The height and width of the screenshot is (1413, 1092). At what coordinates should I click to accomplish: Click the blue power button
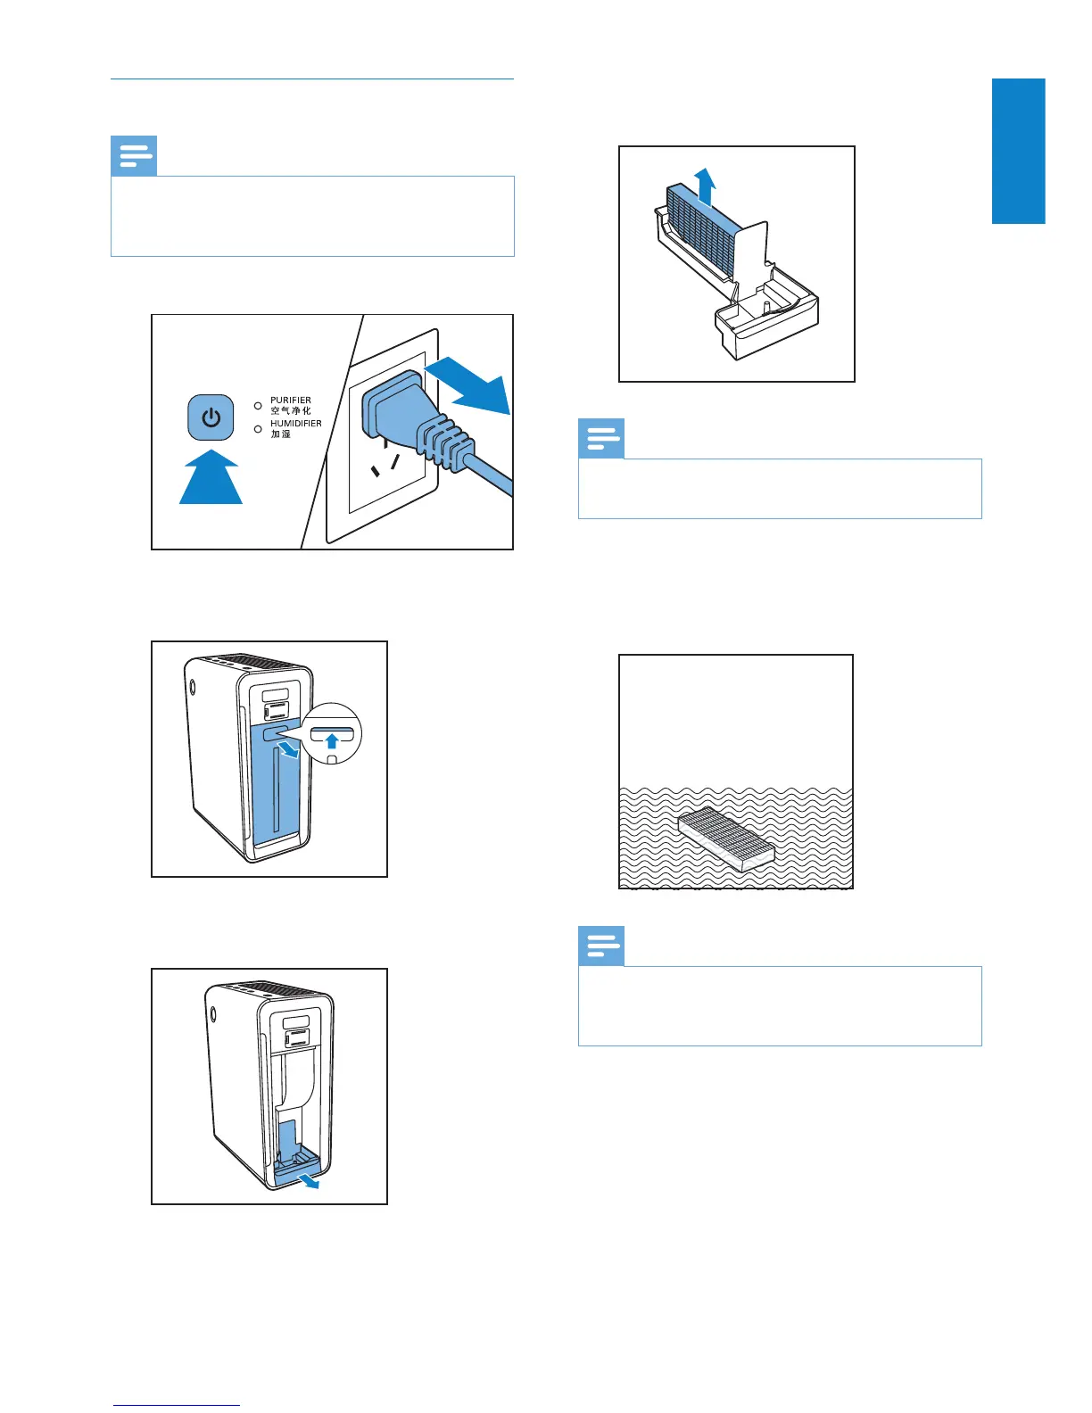point(211,417)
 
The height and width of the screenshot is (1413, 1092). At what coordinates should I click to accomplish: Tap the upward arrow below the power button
point(211,479)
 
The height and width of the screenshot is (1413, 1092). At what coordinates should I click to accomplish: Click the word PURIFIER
point(291,401)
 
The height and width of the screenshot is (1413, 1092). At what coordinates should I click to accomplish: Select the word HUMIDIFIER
point(295,424)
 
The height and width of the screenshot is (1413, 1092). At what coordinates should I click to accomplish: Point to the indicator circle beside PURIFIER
point(258,406)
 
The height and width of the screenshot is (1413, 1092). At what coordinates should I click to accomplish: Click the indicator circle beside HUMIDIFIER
point(258,429)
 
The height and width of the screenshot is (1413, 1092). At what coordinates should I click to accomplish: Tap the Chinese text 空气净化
point(291,411)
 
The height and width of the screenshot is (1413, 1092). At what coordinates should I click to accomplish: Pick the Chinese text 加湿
point(280,434)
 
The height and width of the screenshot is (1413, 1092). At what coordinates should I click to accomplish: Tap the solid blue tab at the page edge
point(1018,151)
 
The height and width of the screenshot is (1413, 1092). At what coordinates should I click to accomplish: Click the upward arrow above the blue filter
point(705,186)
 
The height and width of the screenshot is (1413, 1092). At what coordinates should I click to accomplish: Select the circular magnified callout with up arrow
point(332,733)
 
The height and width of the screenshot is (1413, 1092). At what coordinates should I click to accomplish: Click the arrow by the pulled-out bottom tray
point(309,1182)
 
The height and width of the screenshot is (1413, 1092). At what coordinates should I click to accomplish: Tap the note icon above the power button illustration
point(134,156)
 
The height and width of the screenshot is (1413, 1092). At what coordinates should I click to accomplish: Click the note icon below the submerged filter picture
point(601,946)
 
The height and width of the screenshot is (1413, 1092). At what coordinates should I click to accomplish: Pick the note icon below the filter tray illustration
point(601,439)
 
